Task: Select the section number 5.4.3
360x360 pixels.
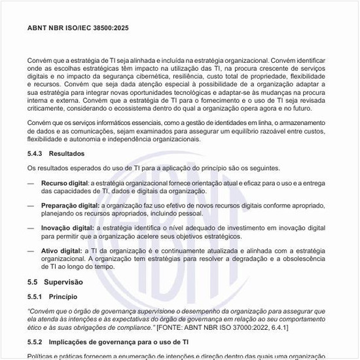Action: click(x=35, y=153)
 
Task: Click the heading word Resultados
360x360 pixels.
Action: click(x=67, y=153)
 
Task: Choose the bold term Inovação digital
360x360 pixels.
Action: click(x=67, y=227)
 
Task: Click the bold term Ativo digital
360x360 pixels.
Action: click(x=60, y=250)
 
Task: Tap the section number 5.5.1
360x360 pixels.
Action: click(x=35, y=297)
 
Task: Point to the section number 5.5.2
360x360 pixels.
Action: click(x=35, y=342)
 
